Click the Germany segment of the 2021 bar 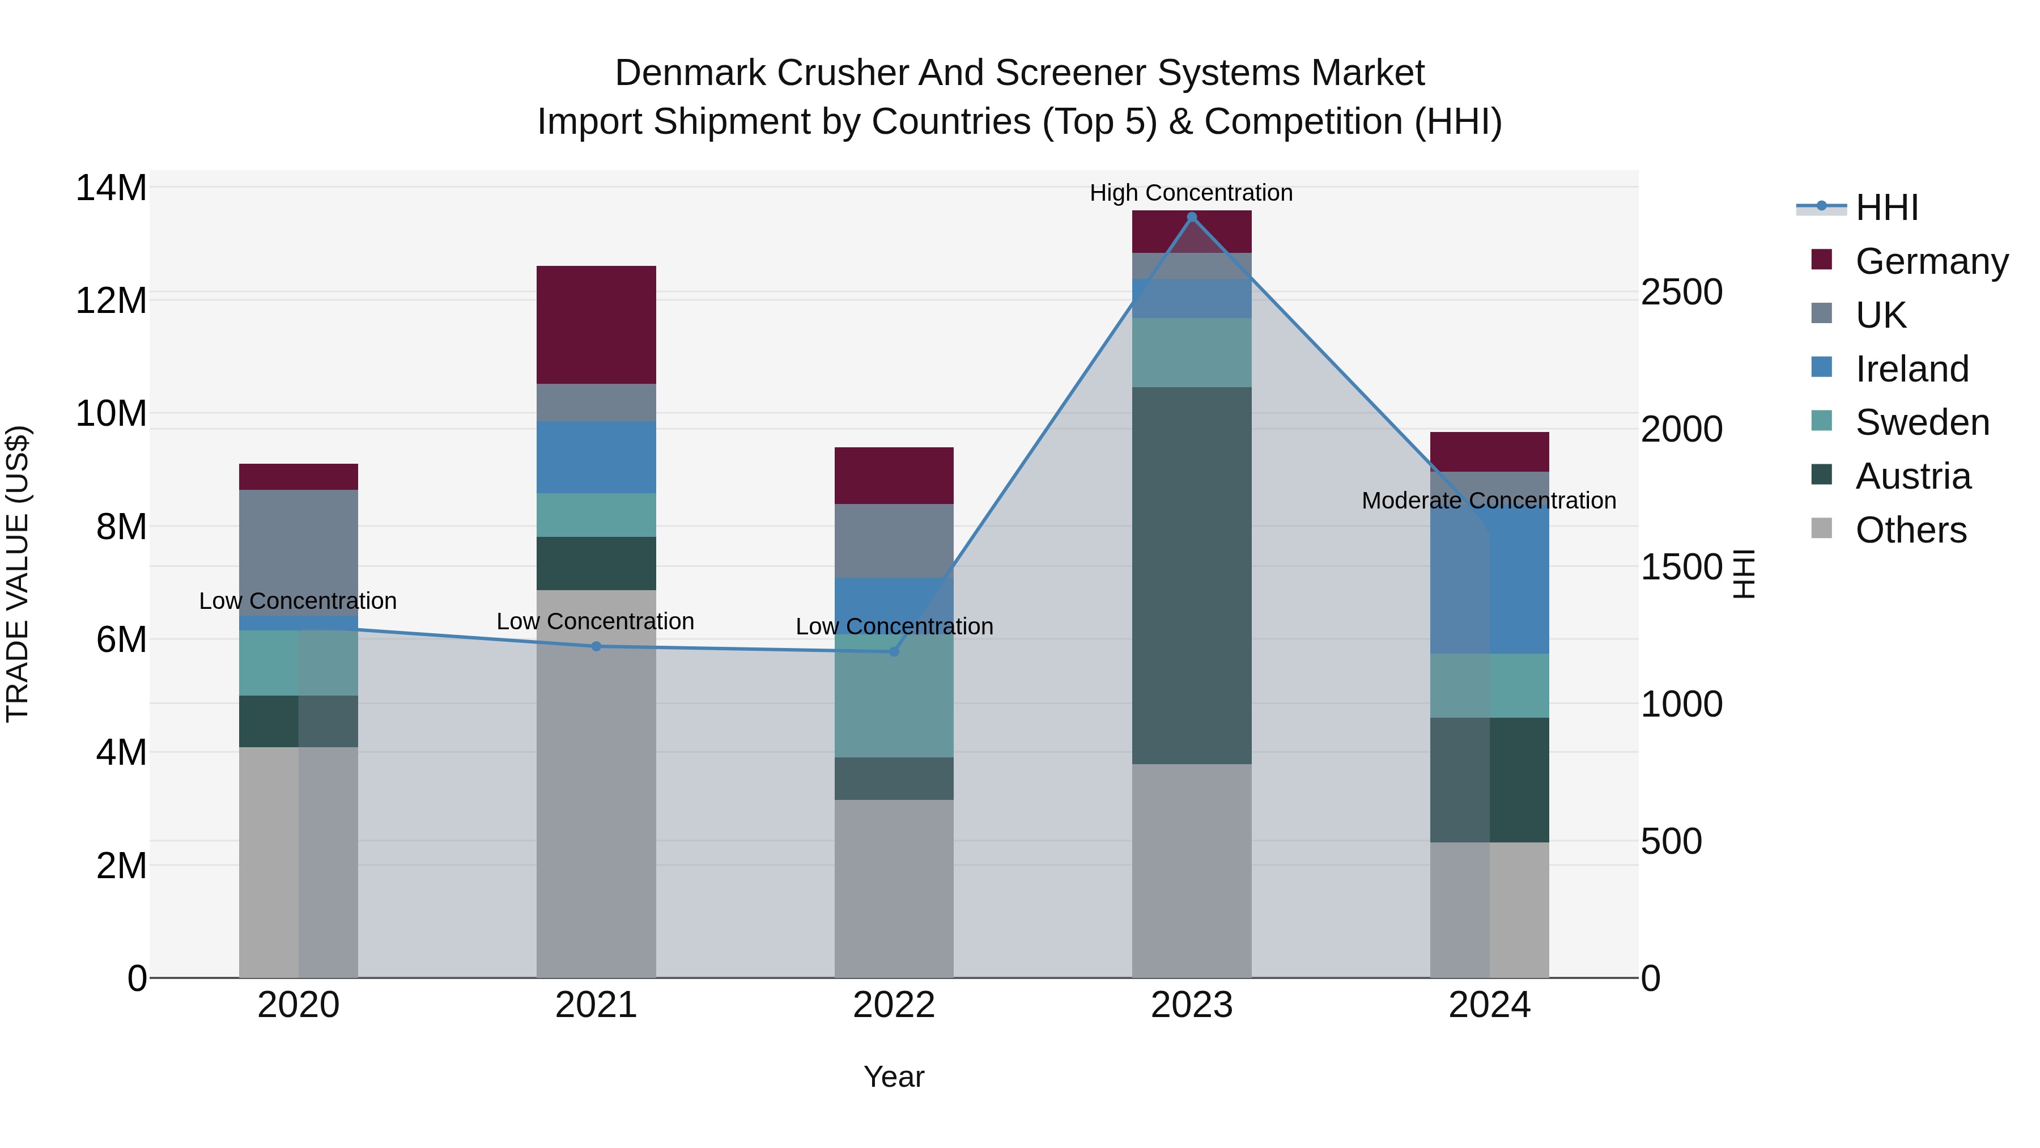pos(596,325)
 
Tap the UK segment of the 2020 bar pos(299,552)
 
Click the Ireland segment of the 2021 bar pos(596,457)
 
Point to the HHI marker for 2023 pos(1191,217)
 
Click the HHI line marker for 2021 pos(596,646)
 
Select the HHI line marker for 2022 pos(894,651)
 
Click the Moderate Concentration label pos(1488,501)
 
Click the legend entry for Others pos(1910,530)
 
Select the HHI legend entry pos(1886,207)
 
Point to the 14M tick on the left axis pos(111,189)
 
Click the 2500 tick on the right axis pos(1681,293)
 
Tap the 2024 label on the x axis pos(1489,1005)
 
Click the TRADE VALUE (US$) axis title pos(18,574)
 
